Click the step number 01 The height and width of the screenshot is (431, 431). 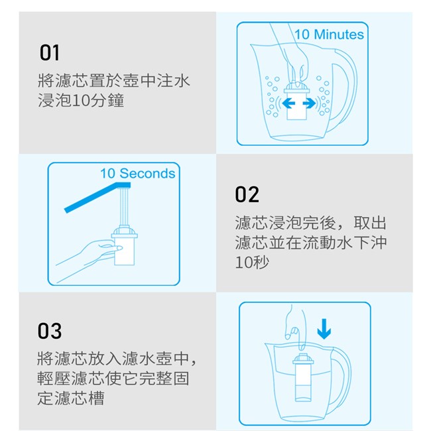(50, 52)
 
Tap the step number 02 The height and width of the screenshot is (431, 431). (247, 194)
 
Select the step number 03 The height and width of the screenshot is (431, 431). (50, 331)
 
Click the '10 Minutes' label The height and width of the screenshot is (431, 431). (329, 34)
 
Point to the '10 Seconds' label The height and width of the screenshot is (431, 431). (138, 174)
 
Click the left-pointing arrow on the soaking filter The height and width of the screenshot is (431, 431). (288, 103)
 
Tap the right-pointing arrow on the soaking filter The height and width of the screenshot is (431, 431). (309, 103)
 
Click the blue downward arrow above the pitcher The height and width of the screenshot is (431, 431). (324, 329)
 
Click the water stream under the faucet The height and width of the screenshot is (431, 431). (124, 206)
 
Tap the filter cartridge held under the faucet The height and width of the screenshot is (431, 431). (124, 245)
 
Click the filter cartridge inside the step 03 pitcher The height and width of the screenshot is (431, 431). (303, 377)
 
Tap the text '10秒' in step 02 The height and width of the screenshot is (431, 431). (252, 262)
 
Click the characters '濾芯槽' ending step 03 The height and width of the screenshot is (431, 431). (80, 398)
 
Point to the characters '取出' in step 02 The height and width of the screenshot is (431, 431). (370, 223)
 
